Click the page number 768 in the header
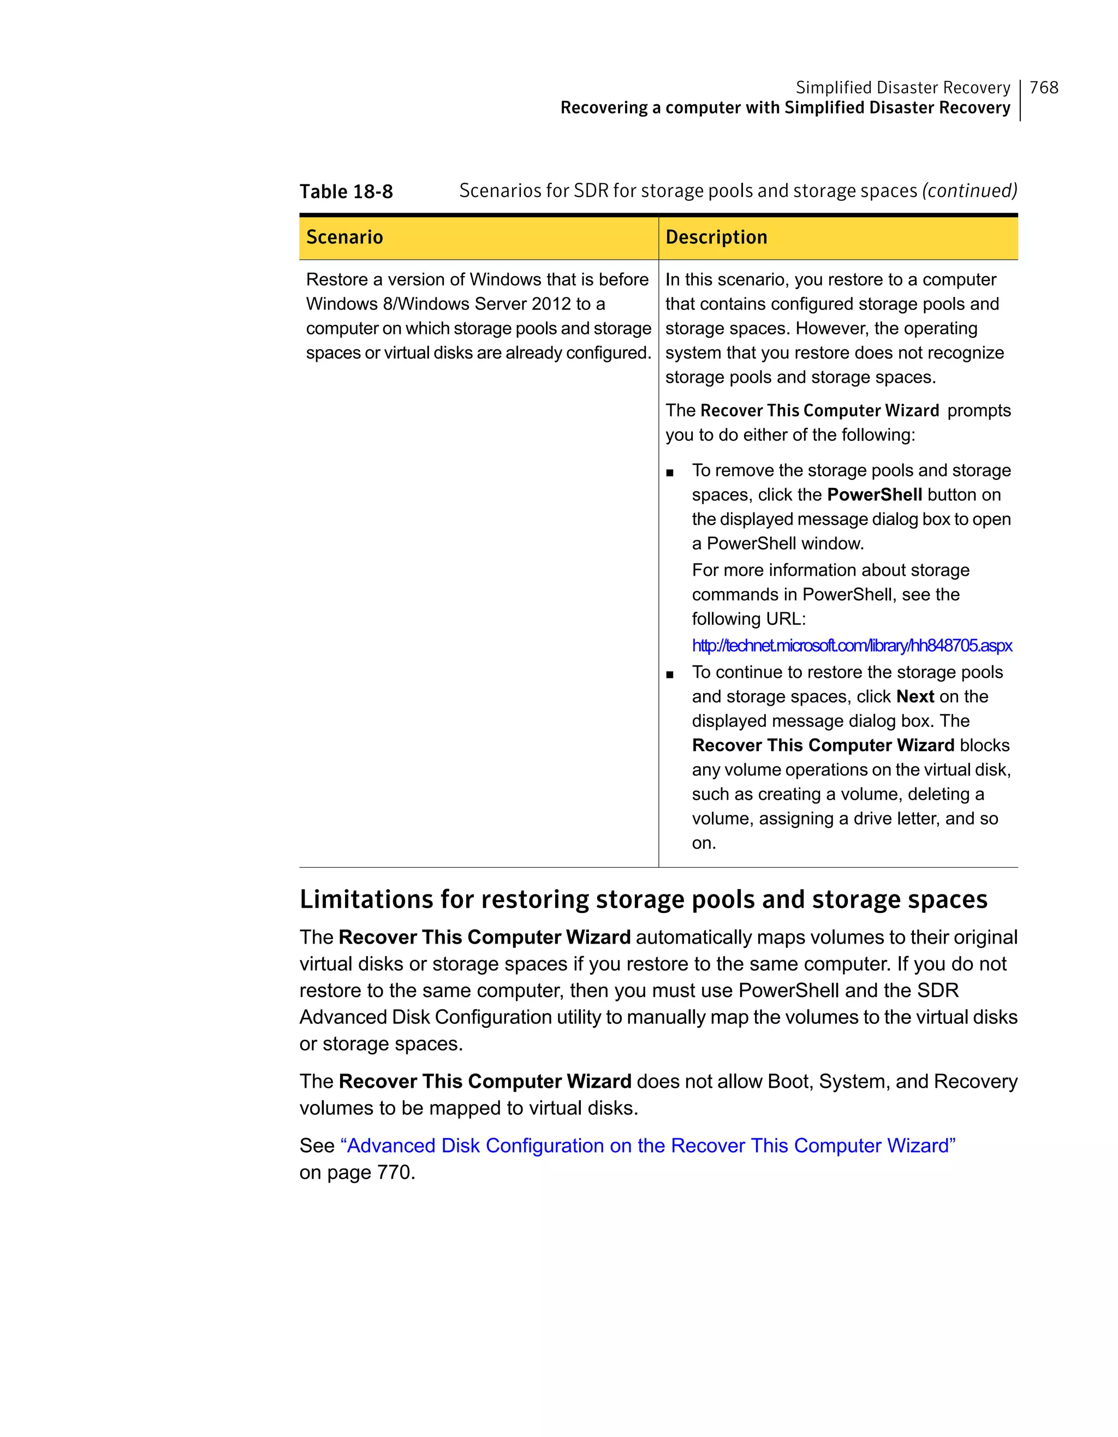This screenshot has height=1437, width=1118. pos(1044,87)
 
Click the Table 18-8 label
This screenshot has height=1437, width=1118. pos(346,192)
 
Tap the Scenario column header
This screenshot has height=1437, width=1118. pos(344,237)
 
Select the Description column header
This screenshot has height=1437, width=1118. pos(716,237)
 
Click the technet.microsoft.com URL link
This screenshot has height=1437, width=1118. pos(852,646)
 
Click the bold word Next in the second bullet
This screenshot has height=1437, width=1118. pos(915,696)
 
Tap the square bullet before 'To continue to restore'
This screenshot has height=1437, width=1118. pos(670,675)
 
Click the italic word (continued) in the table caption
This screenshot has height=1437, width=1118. pos(970,191)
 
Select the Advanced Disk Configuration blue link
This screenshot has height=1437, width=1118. pos(647,1146)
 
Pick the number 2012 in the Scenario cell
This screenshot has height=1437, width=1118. pos(551,304)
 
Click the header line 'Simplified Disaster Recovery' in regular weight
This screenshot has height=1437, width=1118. pos(902,87)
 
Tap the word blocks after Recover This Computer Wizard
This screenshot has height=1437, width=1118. pos(984,746)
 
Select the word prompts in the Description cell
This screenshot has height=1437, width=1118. pos(978,410)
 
